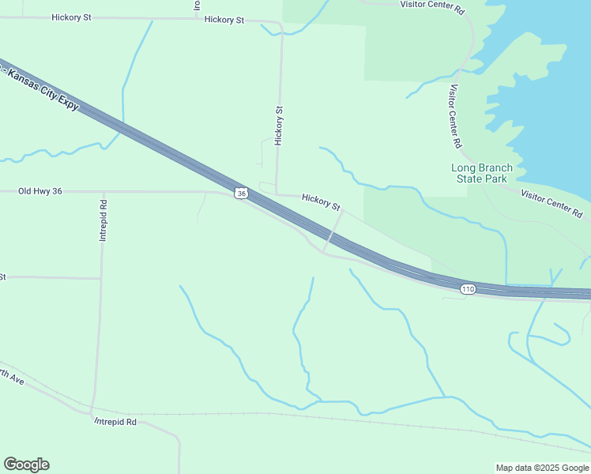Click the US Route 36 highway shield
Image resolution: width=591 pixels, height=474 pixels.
242,193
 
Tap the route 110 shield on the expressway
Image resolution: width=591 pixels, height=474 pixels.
468,289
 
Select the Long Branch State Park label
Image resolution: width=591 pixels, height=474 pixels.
481,173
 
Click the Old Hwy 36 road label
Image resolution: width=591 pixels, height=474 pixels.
40,191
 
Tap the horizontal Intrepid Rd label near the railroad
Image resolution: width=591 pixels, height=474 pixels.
115,423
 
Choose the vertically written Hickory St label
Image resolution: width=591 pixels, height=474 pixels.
278,126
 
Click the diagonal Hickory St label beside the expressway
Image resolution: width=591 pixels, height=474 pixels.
321,202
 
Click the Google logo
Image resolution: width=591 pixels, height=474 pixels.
26,465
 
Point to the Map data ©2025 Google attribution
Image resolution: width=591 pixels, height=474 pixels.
542,468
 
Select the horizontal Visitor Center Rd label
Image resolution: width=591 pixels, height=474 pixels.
432,4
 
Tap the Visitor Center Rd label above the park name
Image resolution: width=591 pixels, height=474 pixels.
454,117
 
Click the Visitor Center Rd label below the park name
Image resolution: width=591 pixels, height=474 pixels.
551,203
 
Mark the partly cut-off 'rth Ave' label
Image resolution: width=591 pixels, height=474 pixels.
13,378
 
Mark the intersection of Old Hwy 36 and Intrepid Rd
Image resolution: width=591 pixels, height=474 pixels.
104,191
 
